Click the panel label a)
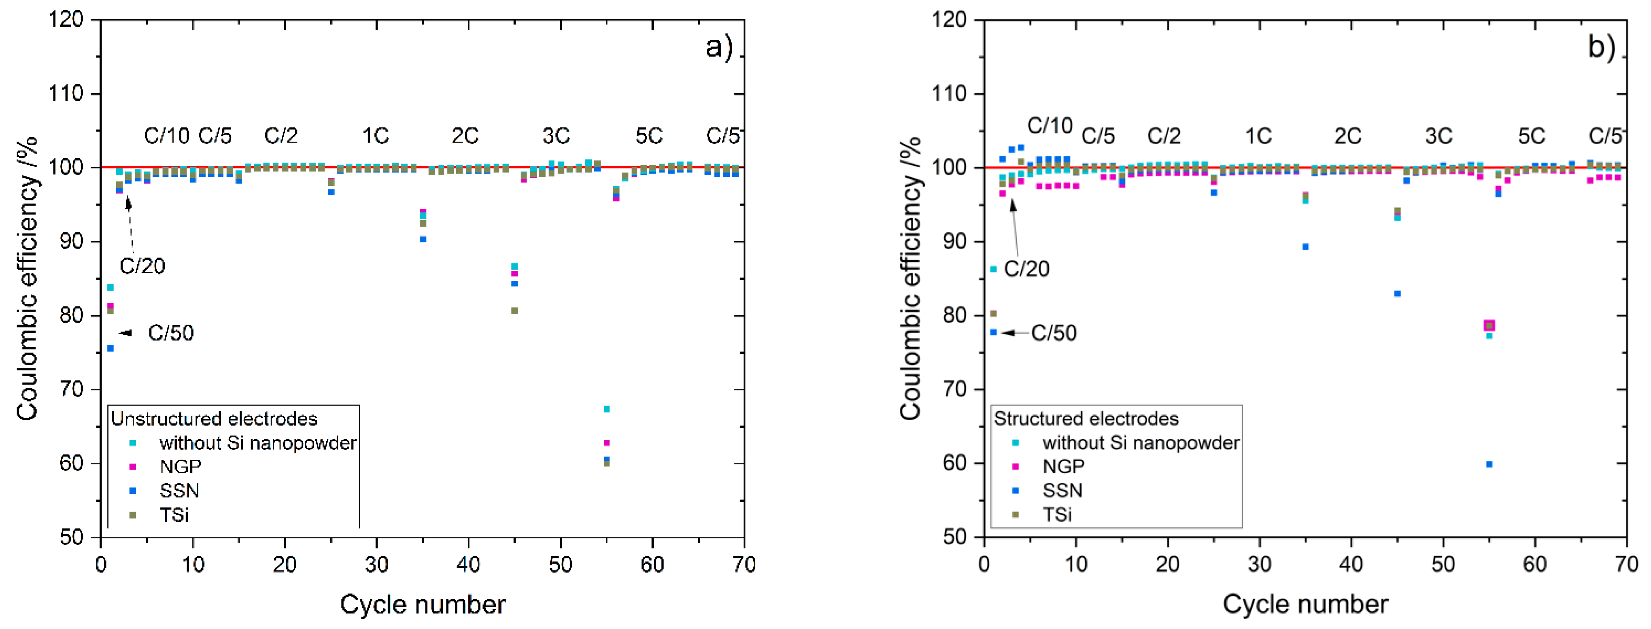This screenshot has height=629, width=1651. tap(718, 47)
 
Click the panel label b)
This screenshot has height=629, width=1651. tap(1601, 47)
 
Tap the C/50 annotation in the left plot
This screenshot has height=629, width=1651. tap(170, 333)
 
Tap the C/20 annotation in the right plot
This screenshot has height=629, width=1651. tap(1026, 269)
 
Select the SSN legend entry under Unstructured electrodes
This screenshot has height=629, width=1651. tap(179, 491)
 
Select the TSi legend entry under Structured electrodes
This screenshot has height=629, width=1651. tap(1057, 514)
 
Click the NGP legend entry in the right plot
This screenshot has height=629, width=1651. tap(1063, 466)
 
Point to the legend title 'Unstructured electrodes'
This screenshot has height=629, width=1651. tap(214, 419)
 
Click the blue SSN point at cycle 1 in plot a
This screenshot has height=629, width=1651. tap(110, 348)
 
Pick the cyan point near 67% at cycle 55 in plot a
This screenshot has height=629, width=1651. tap(606, 409)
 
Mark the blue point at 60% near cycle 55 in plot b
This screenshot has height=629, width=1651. tap(1489, 464)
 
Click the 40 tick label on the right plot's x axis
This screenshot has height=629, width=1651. tap(1351, 564)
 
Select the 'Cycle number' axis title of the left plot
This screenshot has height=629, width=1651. tap(423, 604)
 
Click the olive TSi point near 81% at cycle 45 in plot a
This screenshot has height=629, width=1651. tap(514, 311)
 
